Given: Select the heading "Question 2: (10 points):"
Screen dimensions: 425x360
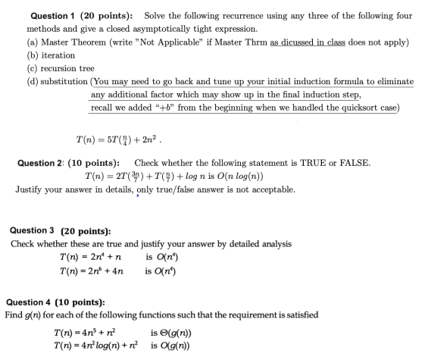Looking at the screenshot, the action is click(68, 163).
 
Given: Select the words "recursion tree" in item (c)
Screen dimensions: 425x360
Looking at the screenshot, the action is click(70, 68).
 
